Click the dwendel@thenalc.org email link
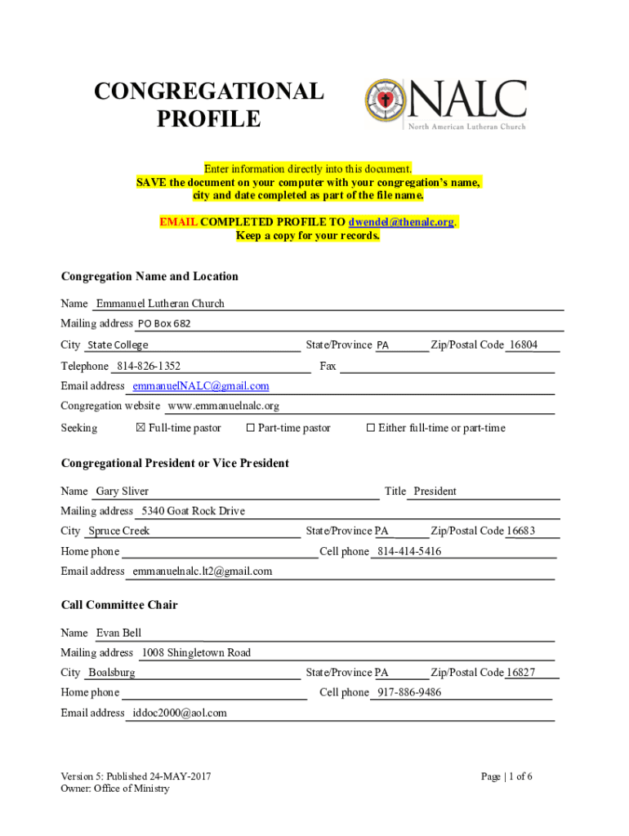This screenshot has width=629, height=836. tap(401, 222)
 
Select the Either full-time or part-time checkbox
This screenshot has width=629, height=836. tap(370, 428)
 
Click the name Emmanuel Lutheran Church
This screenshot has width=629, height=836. tap(160, 304)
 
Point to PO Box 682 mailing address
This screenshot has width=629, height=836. tap(163, 323)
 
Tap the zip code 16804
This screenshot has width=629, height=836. tap(522, 345)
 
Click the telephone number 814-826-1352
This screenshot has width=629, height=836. tap(149, 366)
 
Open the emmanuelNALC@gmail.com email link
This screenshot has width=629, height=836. tap(201, 385)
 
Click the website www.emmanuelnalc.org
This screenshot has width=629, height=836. tap(223, 406)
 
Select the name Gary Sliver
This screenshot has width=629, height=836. tap(123, 491)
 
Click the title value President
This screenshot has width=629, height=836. tap(435, 491)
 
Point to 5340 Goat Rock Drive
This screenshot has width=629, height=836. tap(193, 511)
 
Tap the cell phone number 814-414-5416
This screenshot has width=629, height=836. tap(408, 552)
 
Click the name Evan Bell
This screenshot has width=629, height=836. tap(119, 633)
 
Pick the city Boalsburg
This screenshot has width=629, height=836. tap(112, 673)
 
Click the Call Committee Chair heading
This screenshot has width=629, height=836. tap(119, 605)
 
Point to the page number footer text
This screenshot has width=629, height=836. tap(506, 776)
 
